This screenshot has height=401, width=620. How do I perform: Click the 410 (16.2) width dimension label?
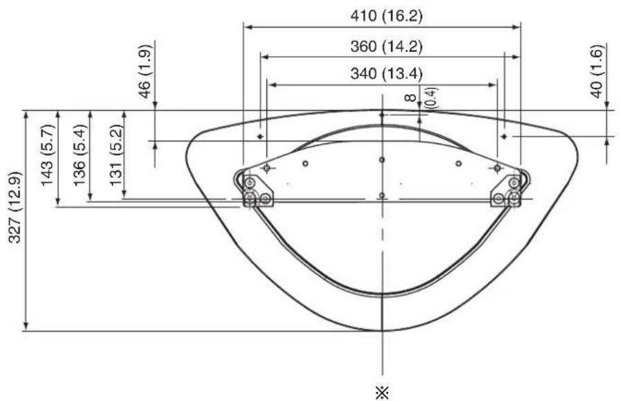coord(386,16)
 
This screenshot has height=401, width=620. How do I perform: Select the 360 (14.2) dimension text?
coord(386,46)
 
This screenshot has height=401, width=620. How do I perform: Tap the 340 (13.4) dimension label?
coord(386,73)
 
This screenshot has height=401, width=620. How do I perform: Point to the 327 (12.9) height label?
coord(15,207)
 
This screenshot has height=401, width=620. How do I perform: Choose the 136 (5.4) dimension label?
coord(79,154)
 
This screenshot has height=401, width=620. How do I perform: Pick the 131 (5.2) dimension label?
coord(116,154)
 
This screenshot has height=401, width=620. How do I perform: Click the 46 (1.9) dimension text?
coord(145,71)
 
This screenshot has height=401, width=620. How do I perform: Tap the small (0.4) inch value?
coord(431,98)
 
